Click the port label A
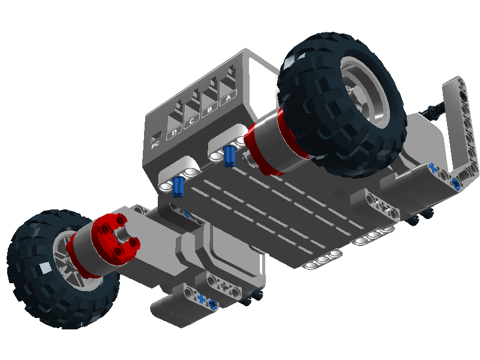pos(229,98)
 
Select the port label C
pos(191,121)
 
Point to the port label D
pos(174,132)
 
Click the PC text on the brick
pos(155,144)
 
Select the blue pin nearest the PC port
pos(178,187)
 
